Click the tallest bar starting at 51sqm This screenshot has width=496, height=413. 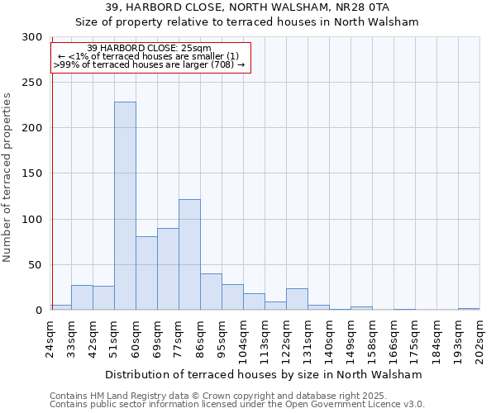click(x=125, y=206)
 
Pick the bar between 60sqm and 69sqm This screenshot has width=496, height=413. click(x=146, y=273)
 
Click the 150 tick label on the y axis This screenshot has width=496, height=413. click(x=32, y=174)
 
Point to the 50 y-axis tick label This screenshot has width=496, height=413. click(x=35, y=265)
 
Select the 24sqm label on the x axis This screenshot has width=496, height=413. click(x=51, y=338)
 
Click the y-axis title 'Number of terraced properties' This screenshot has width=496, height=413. click(x=8, y=177)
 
